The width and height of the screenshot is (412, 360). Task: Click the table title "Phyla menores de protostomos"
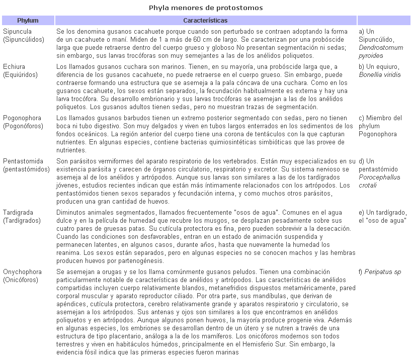click(x=206, y=8)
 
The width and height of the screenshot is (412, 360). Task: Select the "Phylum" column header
click(x=28, y=21)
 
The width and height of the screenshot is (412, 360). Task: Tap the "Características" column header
click(x=205, y=21)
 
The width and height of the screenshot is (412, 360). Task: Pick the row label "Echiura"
click(x=14, y=67)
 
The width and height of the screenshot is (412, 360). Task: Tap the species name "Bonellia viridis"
click(x=380, y=75)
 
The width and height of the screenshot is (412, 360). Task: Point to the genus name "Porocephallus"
click(x=380, y=177)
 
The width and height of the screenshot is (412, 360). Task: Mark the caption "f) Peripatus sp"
click(x=380, y=272)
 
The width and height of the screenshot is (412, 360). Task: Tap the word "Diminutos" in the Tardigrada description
click(x=71, y=213)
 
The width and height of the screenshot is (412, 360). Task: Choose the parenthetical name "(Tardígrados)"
click(x=23, y=221)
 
